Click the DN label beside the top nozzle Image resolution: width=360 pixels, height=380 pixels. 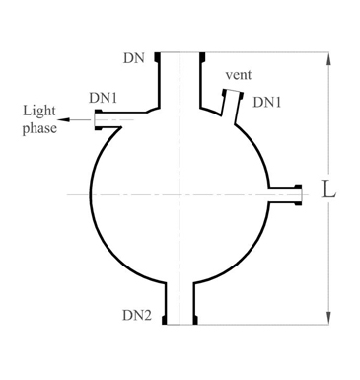134,58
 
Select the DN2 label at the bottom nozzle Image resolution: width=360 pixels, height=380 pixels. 137,316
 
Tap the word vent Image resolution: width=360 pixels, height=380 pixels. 239,75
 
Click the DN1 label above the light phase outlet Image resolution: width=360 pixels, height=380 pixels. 103,98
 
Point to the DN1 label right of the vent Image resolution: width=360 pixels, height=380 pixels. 267,103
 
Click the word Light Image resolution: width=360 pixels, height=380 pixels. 39,112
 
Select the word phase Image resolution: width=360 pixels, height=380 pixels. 39,128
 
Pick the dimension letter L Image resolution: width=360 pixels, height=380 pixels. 328,190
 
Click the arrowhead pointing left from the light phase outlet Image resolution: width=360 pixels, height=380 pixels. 65,119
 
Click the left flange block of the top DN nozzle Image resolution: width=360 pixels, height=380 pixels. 158,57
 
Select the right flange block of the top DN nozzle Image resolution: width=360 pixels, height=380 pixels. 202,57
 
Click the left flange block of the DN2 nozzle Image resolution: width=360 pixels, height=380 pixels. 165,320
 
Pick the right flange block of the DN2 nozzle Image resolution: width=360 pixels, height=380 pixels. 195,320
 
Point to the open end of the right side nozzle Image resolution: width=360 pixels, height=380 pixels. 301,195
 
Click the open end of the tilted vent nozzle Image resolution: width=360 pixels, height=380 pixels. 233,92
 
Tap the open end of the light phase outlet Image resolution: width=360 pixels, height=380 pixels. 95,119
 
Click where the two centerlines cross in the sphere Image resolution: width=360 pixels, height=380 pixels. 180,195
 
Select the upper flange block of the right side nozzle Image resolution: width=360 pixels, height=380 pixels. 298,187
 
